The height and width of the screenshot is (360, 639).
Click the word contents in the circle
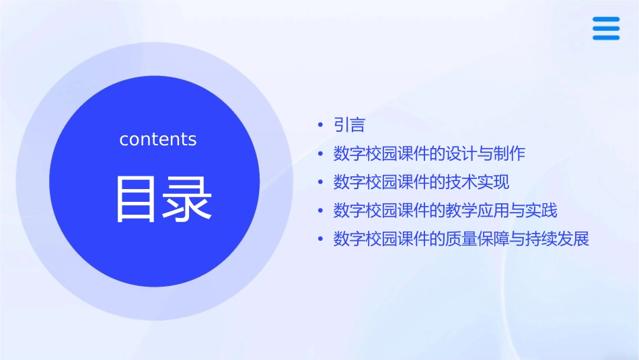158,139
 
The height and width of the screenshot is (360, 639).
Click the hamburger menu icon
606,28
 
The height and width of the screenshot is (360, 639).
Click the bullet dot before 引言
321,125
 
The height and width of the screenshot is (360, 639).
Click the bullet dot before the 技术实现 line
321,182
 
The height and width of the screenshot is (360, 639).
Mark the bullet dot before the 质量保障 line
321,240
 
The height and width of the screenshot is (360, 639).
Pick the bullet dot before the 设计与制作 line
321,154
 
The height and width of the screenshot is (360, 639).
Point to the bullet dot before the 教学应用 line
321,211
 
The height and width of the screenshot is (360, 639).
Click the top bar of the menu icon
606,19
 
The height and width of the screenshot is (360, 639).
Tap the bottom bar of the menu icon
606,37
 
